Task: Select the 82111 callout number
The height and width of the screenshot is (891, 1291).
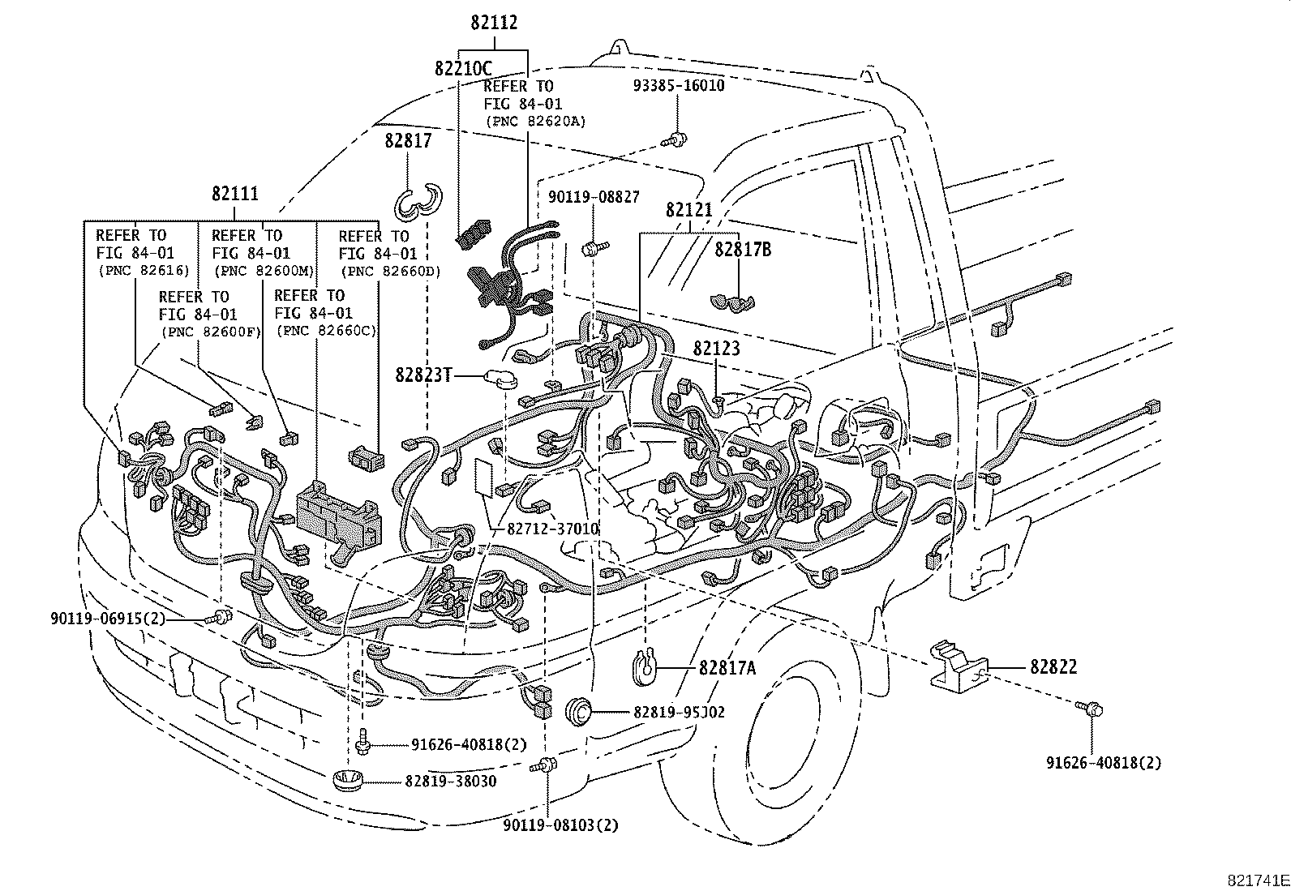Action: pos(235,195)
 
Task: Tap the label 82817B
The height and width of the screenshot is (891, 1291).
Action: pos(742,250)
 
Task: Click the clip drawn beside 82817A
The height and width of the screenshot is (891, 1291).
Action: pos(643,662)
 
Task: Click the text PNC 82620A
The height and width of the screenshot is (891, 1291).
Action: pos(535,121)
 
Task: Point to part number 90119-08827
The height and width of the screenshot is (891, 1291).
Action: pos(593,197)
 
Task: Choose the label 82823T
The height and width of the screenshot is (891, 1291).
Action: pos(422,375)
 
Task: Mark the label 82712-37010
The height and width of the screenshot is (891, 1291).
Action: pos(553,529)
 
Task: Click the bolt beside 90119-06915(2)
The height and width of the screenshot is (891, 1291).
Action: pos(221,618)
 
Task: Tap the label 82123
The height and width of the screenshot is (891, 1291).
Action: pos(716,348)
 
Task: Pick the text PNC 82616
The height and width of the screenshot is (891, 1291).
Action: pos(143,271)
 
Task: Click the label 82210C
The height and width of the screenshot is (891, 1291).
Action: pos(463,68)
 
